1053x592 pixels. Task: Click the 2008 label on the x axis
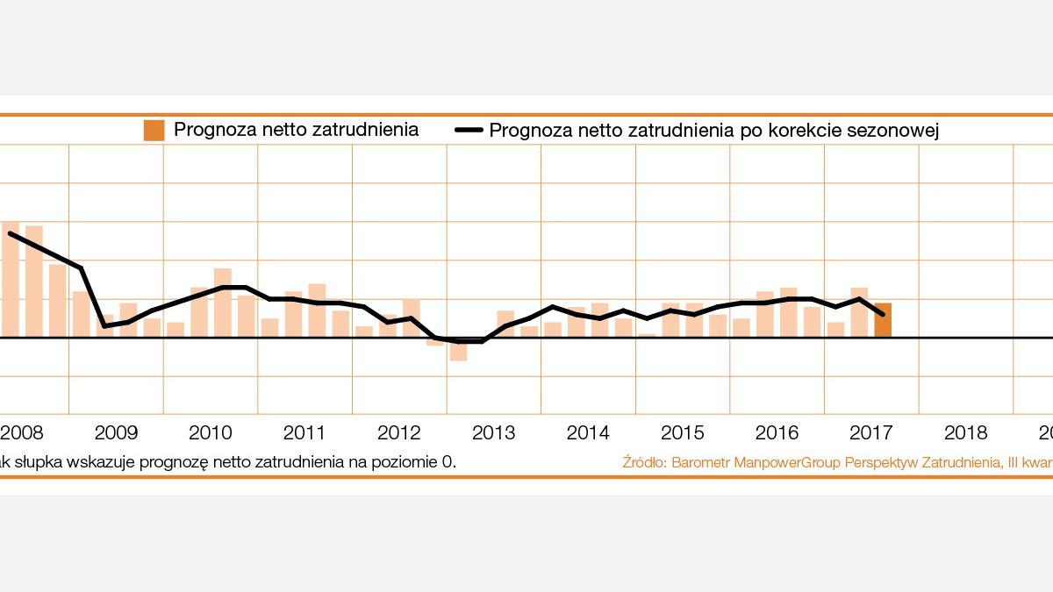pos(21,432)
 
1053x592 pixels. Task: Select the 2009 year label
pos(116,432)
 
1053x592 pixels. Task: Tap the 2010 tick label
pos(211,432)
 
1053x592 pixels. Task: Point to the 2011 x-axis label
pos(304,432)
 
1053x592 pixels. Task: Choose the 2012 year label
pos(399,432)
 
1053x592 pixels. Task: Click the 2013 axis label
pos(494,432)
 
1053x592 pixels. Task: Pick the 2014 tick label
pos(588,432)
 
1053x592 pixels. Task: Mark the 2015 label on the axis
pos(683,432)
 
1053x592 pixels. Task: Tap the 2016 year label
pos(777,432)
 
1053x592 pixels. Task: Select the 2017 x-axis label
pos(871,432)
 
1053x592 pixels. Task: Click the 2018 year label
pos(966,432)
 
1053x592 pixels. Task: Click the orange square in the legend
pos(154,131)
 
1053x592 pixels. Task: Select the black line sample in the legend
pos(469,131)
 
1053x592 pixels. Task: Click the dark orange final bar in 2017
pos(883,320)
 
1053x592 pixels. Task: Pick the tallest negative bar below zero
pos(458,349)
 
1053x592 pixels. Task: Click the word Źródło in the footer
pos(643,461)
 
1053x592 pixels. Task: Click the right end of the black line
pos(883,314)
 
